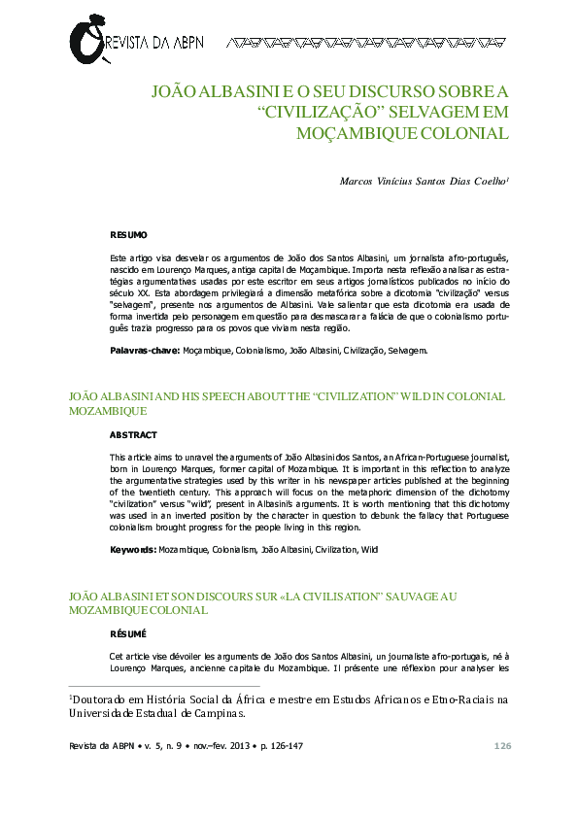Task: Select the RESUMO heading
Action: tap(128, 235)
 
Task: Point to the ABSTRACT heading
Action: tap(132, 434)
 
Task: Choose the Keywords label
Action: tap(133, 549)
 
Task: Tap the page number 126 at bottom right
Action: tap(502, 745)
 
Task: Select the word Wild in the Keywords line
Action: tap(369, 549)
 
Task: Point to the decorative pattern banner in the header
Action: tap(367, 43)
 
